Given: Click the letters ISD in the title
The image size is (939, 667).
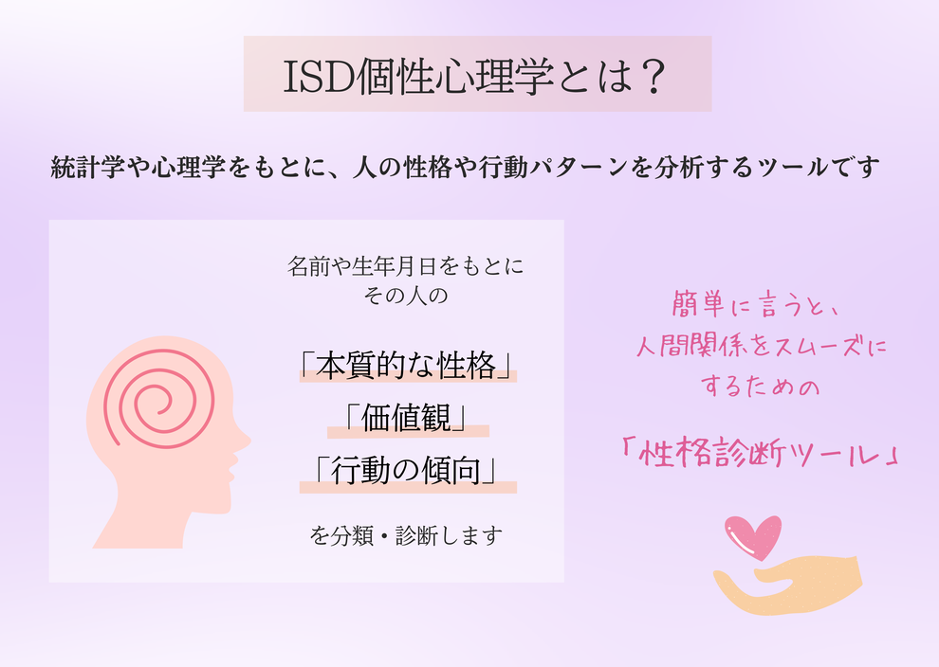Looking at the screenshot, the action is [318, 77].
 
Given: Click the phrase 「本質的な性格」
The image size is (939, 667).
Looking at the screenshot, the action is [408, 365].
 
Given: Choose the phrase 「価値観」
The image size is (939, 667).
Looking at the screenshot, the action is [408, 418].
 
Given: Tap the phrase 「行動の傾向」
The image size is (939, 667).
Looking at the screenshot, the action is [408, 470].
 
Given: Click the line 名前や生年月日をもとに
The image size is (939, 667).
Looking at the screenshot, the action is [405, 266].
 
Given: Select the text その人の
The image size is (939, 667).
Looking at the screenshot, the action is [405, 296].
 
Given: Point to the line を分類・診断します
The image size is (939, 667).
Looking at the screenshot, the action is [406, 535].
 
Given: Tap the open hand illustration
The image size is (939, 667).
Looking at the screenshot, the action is [788, 585].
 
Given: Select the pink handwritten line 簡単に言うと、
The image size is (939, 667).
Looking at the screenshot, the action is [756, 305].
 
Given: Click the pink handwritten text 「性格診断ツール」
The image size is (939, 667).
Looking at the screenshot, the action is [760, 454].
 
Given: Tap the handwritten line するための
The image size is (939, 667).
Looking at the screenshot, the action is [760, 386].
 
